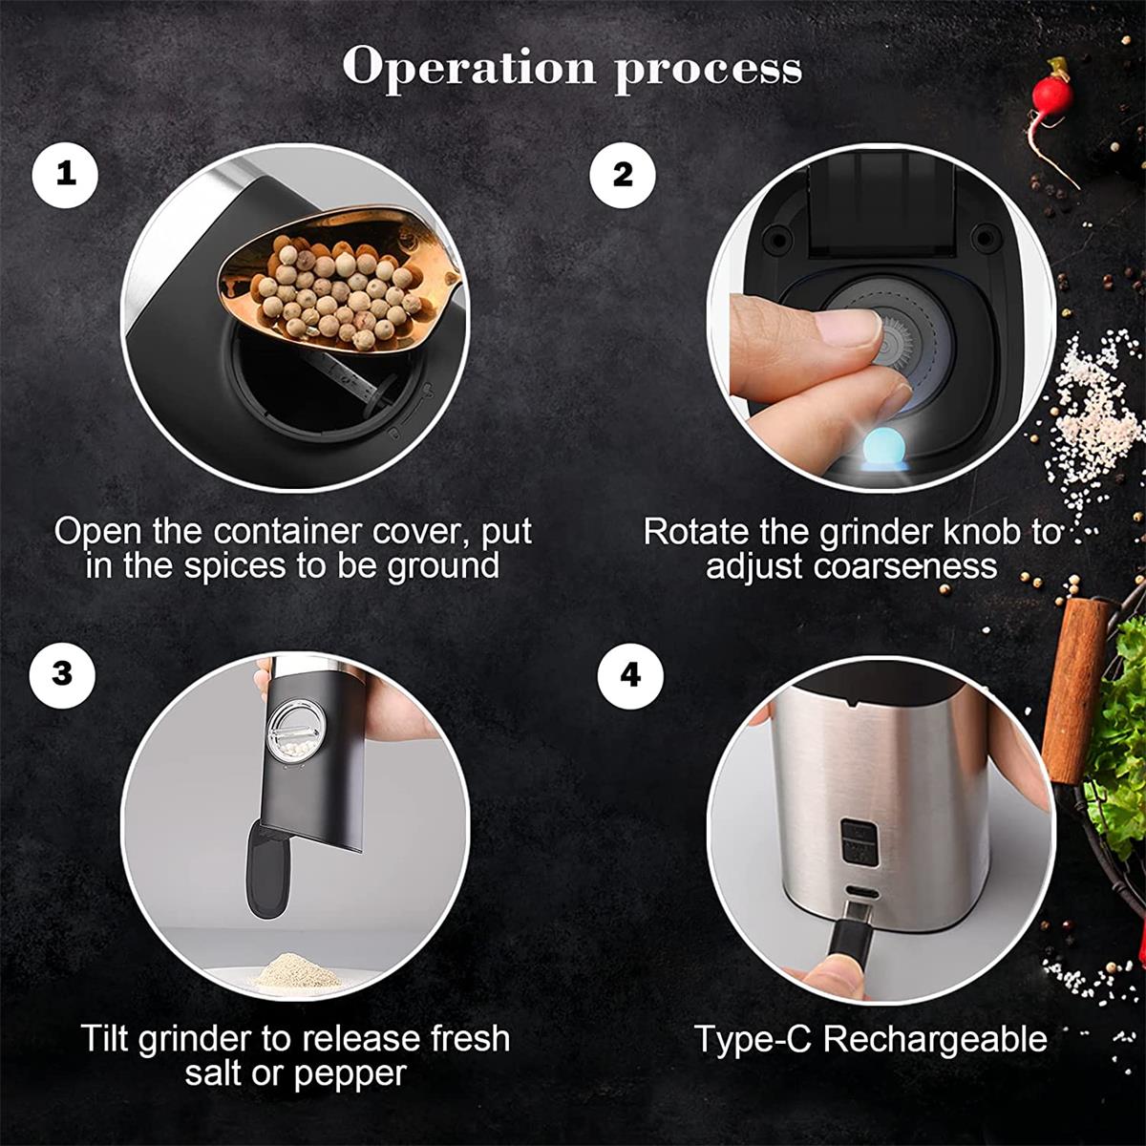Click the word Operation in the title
click(x=469, y=66)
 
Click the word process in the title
click(x=709, y=73)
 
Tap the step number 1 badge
click(x=65, y=175)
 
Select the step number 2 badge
click(x=623, y=175)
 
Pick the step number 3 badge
click(x=62, y=674)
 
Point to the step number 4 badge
click(x=630, y=675)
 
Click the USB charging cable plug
click(x=852, y=949)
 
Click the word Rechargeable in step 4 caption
click(x=935, y=1039)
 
